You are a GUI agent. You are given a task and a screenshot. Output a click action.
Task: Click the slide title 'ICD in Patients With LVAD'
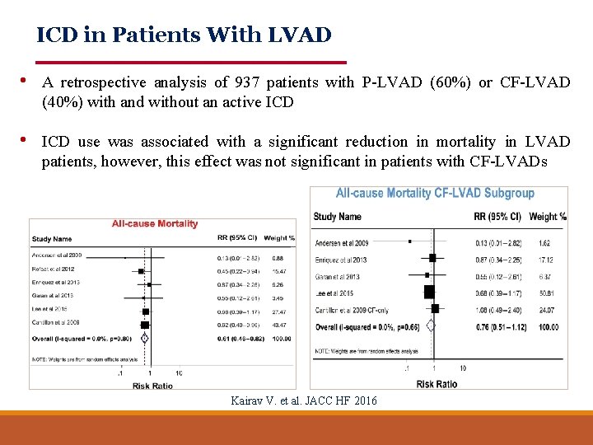click(x=184, y=35)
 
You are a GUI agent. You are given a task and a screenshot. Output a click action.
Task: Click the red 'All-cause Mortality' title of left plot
click(x=155, y=224)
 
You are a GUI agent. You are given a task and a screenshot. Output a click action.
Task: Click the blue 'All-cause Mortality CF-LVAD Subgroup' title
click(x=435, y=194)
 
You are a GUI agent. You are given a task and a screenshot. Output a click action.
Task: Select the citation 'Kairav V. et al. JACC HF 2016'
click(x=305, y=400)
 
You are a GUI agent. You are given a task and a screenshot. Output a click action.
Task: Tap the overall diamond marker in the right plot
click(x=430, y=326)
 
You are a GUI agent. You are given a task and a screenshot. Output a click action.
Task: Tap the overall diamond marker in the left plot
click(x=145, y=337)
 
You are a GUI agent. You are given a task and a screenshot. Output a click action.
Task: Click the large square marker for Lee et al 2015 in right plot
click(x=429, y=292)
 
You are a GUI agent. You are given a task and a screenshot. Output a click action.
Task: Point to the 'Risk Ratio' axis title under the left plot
click(x=152, y=386)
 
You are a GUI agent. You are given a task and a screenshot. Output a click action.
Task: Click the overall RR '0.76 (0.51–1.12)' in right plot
click(x=499, y=326)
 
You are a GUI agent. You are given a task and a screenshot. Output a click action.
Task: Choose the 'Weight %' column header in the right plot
click(x=548, y=217)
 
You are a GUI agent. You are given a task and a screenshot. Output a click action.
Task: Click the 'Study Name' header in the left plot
click(x=52, y=239)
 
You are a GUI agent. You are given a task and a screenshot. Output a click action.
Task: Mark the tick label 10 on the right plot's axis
click(x=463, y=368)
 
